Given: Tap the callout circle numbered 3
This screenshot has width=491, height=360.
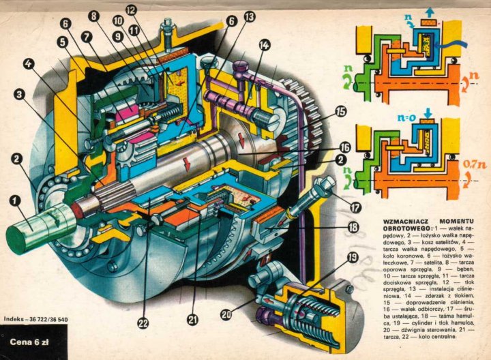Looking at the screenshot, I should [x=21, y=94].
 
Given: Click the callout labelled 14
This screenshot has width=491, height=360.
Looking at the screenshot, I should [x=264, y=45].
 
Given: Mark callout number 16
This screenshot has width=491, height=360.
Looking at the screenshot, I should [x=345, y=147].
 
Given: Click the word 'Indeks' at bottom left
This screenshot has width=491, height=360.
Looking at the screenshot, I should [x=14, y=318].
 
